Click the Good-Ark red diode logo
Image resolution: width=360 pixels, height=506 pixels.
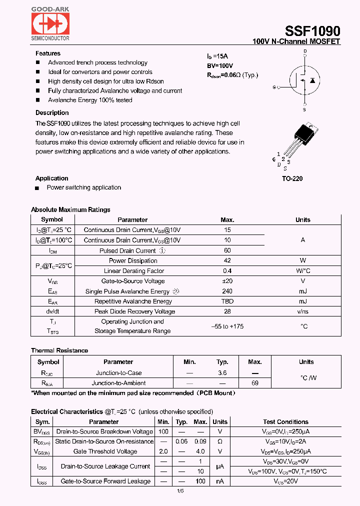pyautogui.click(x=50, y=23)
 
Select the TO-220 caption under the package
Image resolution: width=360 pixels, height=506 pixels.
pyautogui.click(x=292, y=178)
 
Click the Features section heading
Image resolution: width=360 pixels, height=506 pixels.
pyautogui.click(x=48, y=53)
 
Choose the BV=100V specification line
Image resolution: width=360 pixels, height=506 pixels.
pyautogui.click(x=220, y=66)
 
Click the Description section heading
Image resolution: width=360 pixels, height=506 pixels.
pyautogui.click(x=52, y=113)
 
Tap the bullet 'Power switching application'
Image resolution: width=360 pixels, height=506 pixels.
pyautogui.click(x=83, y=187)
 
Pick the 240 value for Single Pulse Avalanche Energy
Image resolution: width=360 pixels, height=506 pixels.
pyautogui.click(x=227, y=291)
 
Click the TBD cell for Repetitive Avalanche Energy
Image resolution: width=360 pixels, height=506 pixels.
pyautogui.click(x=227, y=301)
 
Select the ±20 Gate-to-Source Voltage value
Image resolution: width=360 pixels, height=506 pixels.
pyautogui.click(x=227, y=281)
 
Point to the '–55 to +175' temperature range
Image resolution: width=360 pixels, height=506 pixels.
pyautogui.click(x=227, y=326)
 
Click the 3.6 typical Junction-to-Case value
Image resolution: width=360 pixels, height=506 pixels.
pyautogui.click(x=222, y=373)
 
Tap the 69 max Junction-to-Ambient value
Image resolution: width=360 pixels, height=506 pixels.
pyautogui.click(x=255, y=383)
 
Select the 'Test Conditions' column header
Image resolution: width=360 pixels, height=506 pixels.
pyautogui.click(x=286, y=422)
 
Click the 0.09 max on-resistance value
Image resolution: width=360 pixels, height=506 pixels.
pyautogui.click(x=201, y=441)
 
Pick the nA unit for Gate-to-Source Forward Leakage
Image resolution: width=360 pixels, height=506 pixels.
pyautogui.click(x=220, y=481)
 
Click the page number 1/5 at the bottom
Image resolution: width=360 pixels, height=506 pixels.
pyautogui.click(x=180, y=491)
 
